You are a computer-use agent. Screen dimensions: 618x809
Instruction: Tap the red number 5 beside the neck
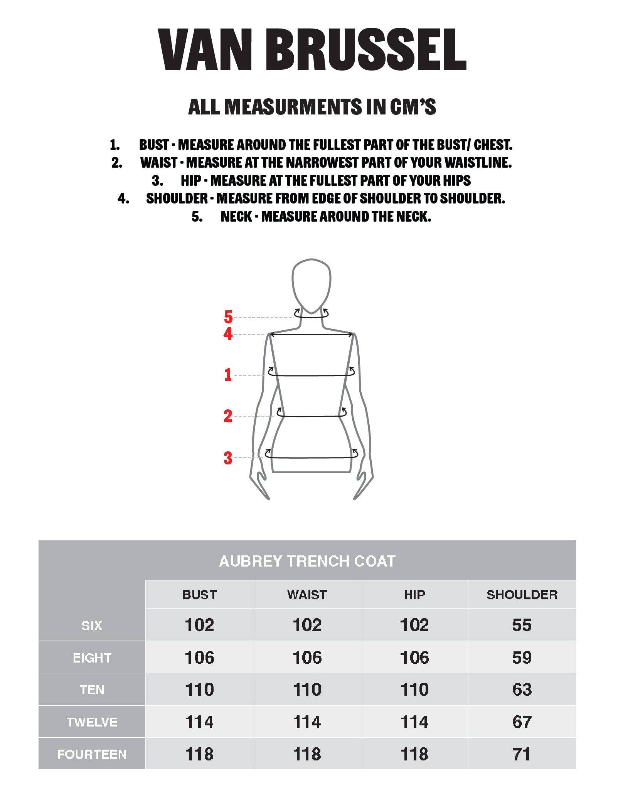pyautogui.click(x=228, y=317)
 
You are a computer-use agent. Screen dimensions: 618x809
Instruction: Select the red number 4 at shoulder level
pyautogui.click(x=228, y=334)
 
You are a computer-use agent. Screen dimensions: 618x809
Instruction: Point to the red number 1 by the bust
pyautogui.click(x=228, y=375)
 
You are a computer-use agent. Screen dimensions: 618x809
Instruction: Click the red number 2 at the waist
pyautogui.click(x=228, y=416)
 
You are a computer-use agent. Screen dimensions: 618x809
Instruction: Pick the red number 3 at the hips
pyautogui.click(x=228, y=458)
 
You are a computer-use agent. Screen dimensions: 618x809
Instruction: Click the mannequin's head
pyautogui.click(x=312, y=285)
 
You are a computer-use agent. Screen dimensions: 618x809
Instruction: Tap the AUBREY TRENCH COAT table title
pyautogui.click(x=307, y=561)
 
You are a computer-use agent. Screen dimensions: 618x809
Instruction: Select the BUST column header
pyautogui.click(x=200, y=595)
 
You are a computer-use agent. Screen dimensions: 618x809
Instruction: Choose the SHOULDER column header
pyautogui.click(x=522, y=595)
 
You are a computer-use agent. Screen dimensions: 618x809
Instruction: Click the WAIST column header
pyautogui.click(x=307, y=595)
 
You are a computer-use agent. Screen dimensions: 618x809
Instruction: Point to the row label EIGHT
pyautogui.click(x=92, y=658)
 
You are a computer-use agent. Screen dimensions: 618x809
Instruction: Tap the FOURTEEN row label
pyautogui.click(x=92, y=754)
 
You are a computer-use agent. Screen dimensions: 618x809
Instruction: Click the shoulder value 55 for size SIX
pyautogui.click(x=522, y=625)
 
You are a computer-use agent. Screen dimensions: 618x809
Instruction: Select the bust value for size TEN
pyautogui.click(x=200, y=690)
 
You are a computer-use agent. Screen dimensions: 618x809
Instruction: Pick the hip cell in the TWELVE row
pyautogui.click(x=414, y=722)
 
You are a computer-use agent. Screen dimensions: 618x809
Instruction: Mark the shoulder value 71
pyautogui.click(x=522, y=754)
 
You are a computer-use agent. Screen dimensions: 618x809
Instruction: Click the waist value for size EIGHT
pyautogui.click(x=307, y=658)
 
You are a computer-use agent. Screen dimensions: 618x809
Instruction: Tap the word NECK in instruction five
pyautogui.click(x=236, y=217)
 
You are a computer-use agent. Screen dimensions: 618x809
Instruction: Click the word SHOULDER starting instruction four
pyautogui.click(x=177, y=198)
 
